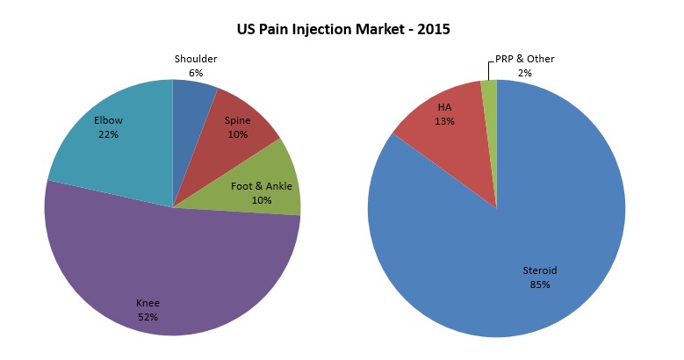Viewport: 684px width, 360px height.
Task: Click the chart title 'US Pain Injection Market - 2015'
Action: (343, 30)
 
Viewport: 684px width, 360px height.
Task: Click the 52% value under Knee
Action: (148, 316)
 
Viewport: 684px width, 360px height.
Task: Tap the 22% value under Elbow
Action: (108, 134)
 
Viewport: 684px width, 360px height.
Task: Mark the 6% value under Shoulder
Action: (196, 73)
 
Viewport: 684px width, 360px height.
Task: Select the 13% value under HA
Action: (444, 121)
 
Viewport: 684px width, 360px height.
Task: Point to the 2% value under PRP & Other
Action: (524, 73)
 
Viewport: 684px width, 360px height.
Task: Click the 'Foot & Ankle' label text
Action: (261, 186)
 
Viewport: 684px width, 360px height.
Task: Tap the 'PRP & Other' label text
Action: (524, 59)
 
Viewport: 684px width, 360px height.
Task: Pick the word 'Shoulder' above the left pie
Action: (196, 59)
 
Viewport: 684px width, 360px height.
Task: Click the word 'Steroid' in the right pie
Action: (540, 270)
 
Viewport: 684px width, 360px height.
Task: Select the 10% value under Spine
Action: (237, 134)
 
